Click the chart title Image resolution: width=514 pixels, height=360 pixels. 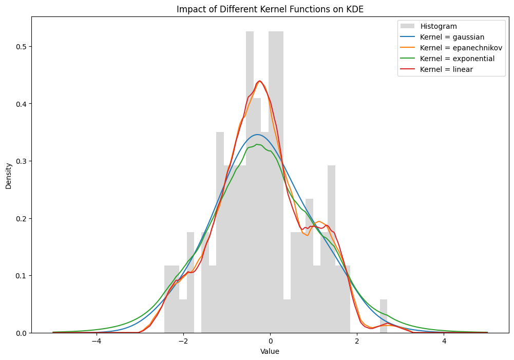click(270, 9)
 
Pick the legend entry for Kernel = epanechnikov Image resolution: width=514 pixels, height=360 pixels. click(451, 48)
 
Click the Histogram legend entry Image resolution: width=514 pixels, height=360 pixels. click(429, 26)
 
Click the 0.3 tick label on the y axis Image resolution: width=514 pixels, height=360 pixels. click(22, 161)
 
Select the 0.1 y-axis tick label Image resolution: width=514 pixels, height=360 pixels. click(22, 276)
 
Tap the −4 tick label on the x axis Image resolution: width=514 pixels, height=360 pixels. click(97, 342)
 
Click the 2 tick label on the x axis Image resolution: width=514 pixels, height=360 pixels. click(357, 342)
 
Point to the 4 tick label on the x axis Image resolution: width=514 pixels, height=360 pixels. click(444, 342)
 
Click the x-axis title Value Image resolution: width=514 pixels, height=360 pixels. click(270, 351)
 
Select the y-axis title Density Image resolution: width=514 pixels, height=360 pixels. click(9, 176)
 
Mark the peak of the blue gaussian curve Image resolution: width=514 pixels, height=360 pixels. click(258, 135)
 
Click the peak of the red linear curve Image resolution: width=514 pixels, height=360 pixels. click(260, 81)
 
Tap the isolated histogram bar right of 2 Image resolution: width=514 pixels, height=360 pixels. click(384, 316)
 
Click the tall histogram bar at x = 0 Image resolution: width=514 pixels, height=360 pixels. click(276, 182)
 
